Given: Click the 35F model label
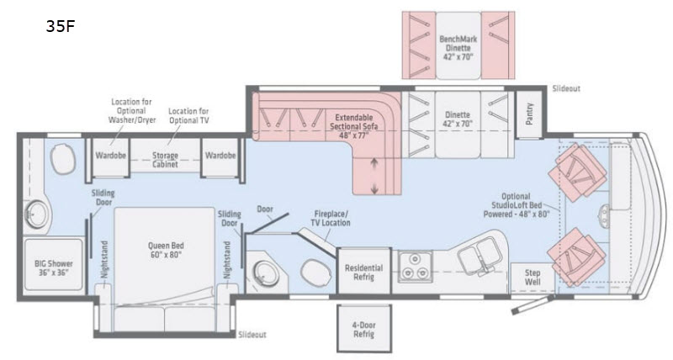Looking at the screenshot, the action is tap(61, 27).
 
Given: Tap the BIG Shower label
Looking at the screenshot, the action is tap(54, 267).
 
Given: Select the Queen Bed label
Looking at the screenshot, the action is tap(166, 250).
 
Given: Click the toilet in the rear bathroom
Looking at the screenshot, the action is tap(62, 159).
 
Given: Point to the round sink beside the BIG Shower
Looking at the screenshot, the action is tap(37, 214).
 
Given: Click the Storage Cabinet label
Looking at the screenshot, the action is tap(165, 160).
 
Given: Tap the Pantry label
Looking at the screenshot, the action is tap(529, 114).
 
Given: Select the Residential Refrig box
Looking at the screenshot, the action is tap(364, 272).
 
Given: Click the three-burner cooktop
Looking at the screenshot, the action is tap(414, 266).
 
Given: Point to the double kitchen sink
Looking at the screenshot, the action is tap(479, 254).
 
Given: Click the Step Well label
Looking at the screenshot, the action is tap(533, 278).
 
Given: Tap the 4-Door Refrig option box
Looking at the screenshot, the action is tap(364, 329).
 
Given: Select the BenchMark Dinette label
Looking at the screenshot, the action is tap(458, 48).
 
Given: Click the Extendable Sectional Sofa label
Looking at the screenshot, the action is tap(353, 126).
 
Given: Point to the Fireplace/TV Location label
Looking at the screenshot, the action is tap(331, 218).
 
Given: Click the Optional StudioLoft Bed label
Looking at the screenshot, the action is tap(517, 205).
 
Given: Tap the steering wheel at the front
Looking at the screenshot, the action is tap(604, 214).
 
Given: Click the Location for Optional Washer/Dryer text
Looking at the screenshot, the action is tap(132, 111).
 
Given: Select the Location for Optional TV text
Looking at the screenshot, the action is tap(188, 116).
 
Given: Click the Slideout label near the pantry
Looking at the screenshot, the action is tap(566, 88).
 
